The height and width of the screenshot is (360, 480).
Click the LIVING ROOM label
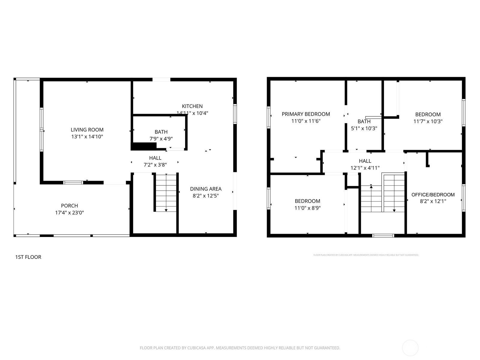87,130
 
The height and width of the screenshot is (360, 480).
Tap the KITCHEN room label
192,106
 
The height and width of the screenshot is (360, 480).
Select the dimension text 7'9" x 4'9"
161,139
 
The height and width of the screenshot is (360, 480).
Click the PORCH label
69,206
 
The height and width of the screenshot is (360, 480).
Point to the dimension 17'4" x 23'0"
69,213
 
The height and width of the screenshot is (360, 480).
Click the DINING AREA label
206,189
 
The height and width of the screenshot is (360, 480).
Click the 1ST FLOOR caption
28,257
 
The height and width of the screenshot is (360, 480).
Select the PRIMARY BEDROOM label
306,114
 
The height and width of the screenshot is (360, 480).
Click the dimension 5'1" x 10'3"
364,128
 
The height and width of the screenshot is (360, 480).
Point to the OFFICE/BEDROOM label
433,195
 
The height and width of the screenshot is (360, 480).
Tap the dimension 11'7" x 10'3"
428,121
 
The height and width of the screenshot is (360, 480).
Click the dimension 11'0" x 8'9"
307,208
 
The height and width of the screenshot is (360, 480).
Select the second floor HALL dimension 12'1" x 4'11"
365,168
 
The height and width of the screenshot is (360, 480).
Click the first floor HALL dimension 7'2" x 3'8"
155,165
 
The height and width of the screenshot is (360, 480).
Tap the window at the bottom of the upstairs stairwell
383,235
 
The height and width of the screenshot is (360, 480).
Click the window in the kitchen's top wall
161,79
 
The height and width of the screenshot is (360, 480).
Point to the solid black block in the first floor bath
144,146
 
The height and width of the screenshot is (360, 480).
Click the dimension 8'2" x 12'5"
206,196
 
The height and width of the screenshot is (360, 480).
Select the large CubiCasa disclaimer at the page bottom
240,348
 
